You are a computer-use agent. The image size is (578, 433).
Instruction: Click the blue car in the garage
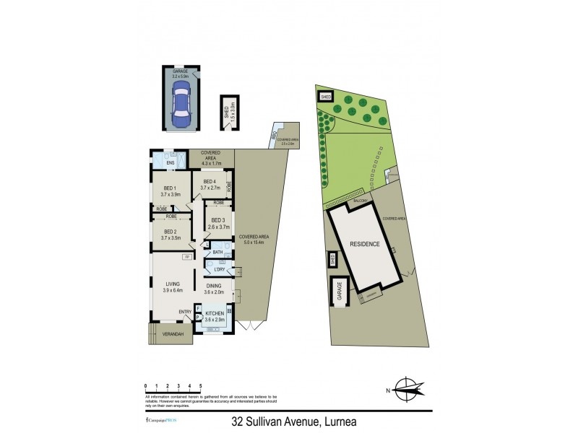tap(181, 100)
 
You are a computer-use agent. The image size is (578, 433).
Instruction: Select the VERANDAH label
tap(172, 334)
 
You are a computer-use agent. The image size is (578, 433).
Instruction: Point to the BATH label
tap(217, 251)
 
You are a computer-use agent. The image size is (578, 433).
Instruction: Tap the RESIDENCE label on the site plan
tap(365, 244)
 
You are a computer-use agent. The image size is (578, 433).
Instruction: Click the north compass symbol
tap(407, 390)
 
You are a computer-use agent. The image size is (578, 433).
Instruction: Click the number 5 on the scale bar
tap(200, 386)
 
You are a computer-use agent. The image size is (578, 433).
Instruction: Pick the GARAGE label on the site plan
tap(337, 292)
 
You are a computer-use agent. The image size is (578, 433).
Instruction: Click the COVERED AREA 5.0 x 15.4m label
tap(255, 239)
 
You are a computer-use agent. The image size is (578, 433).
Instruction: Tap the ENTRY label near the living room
tap(186, 312)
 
